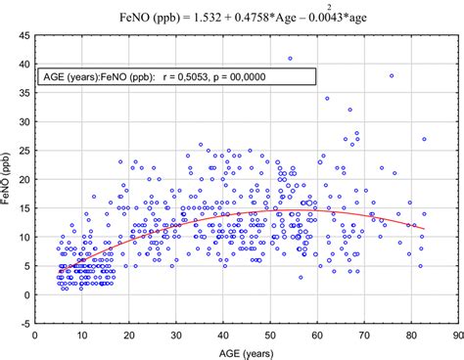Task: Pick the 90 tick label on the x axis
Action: [456, 335]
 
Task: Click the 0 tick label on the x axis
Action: [35, 335]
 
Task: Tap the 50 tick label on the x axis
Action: [269, 335]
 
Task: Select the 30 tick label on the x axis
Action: [175, 335]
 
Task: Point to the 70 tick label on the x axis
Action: [363, 335]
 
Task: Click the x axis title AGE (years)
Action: [246, 352]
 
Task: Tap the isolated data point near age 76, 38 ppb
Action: [392, 75]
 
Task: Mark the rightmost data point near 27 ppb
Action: [424, 139]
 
